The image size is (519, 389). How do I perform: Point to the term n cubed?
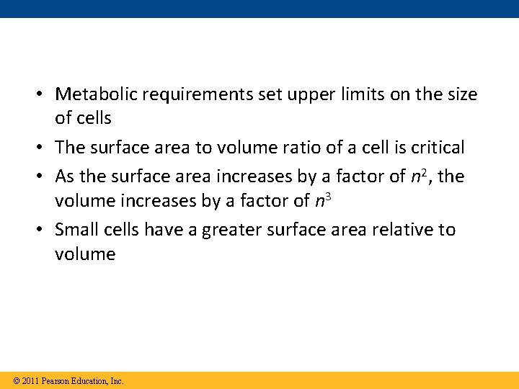[323, 200]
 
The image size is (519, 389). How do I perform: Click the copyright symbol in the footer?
[16, 380]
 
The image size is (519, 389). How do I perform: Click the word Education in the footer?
[92, 380]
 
